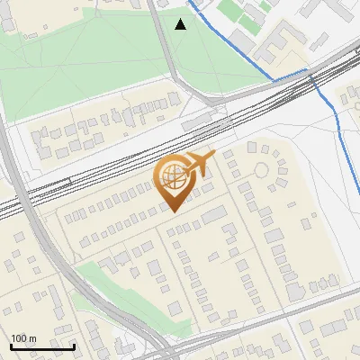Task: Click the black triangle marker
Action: pos(181,24)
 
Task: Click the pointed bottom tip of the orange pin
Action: pos(173,211)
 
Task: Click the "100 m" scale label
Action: pos(23,337)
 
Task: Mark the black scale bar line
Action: pos(42,346)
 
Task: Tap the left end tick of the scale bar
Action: pos(11,344)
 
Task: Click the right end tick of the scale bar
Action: pos(74,344)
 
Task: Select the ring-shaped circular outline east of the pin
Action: pos(262,170)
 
